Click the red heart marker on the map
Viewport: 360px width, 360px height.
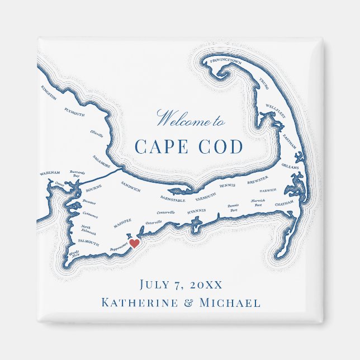pos(134,243)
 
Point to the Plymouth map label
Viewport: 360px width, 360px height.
pos(74,111)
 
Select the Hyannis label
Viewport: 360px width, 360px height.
pos(196,211)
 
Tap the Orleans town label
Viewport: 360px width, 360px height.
pos(290,166)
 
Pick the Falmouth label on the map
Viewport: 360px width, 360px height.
pos(88,243)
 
